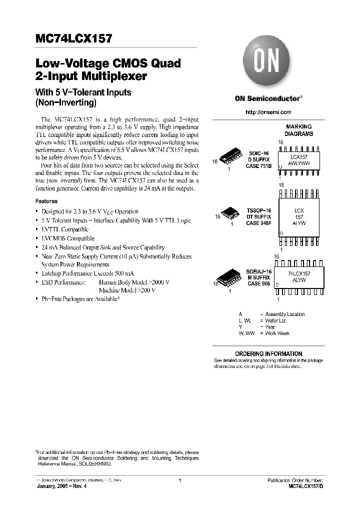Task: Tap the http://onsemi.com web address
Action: click(x=268, y=112)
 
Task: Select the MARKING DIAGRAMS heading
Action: click(x=299, y=130)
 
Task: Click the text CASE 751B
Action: click(x=259, y=166)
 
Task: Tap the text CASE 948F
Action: click(x=258, y=223)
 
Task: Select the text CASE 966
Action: click(x=258, y=283)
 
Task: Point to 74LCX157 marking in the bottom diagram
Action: click(x=299, y=274)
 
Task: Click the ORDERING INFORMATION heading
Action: click(x=268, y=353)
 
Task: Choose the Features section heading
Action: click(x=46, y=201)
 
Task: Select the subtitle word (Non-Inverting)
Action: click(x=65, y=102)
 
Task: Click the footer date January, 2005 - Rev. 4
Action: click(x=65, y=486)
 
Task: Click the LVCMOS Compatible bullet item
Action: click(x=67, y=238)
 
